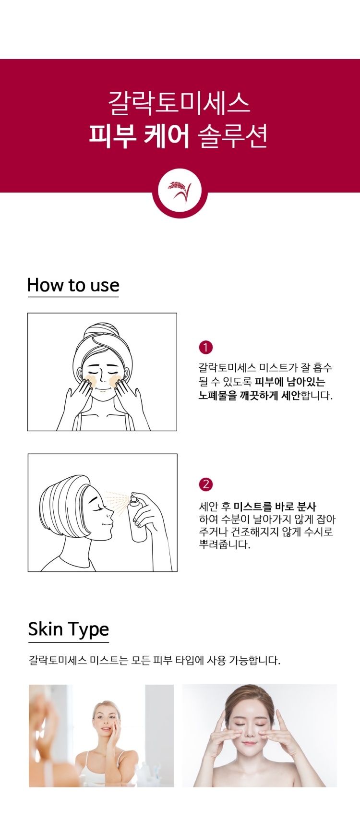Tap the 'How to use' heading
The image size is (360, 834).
73,285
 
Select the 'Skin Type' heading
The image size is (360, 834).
68,629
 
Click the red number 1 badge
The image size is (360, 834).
205,347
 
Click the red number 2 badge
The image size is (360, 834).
205,484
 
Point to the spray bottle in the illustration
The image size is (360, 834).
138,518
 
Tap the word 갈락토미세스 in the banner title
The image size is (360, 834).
179,103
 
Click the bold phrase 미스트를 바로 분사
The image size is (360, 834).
275,507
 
